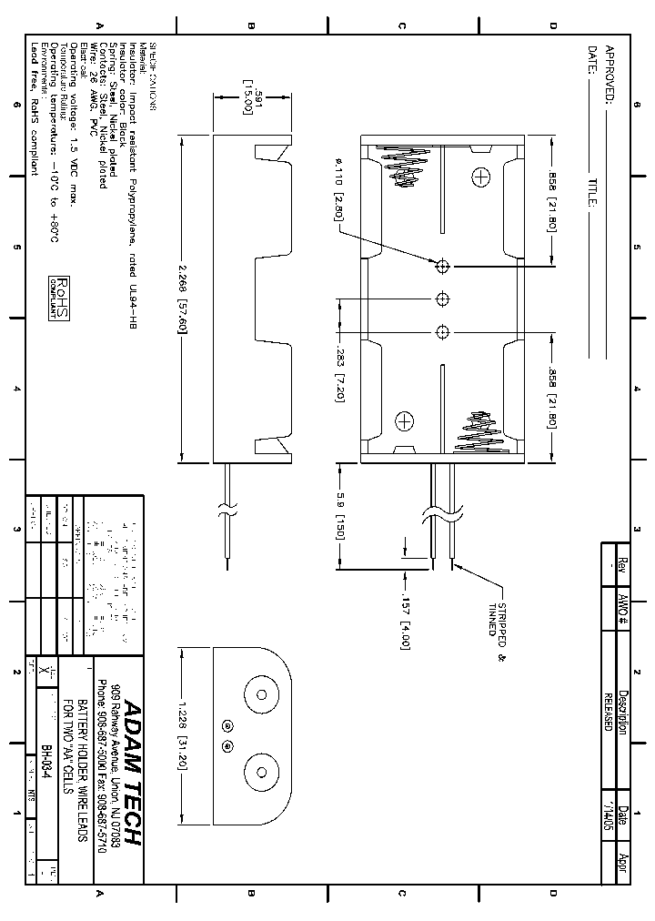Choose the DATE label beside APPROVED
pyautogui.click(x=592, y=60)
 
